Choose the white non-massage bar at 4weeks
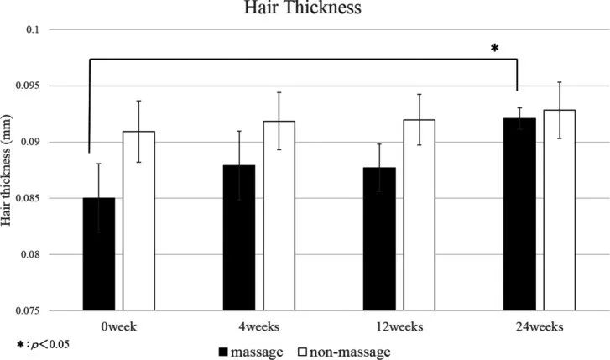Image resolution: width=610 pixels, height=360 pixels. (x=279, y=216)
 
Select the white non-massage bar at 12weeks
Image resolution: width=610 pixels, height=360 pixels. (x=419, y=215)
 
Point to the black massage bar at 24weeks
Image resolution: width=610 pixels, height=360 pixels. (x=519, y=214)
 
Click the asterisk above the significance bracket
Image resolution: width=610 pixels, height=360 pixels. (x=494, y=50)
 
